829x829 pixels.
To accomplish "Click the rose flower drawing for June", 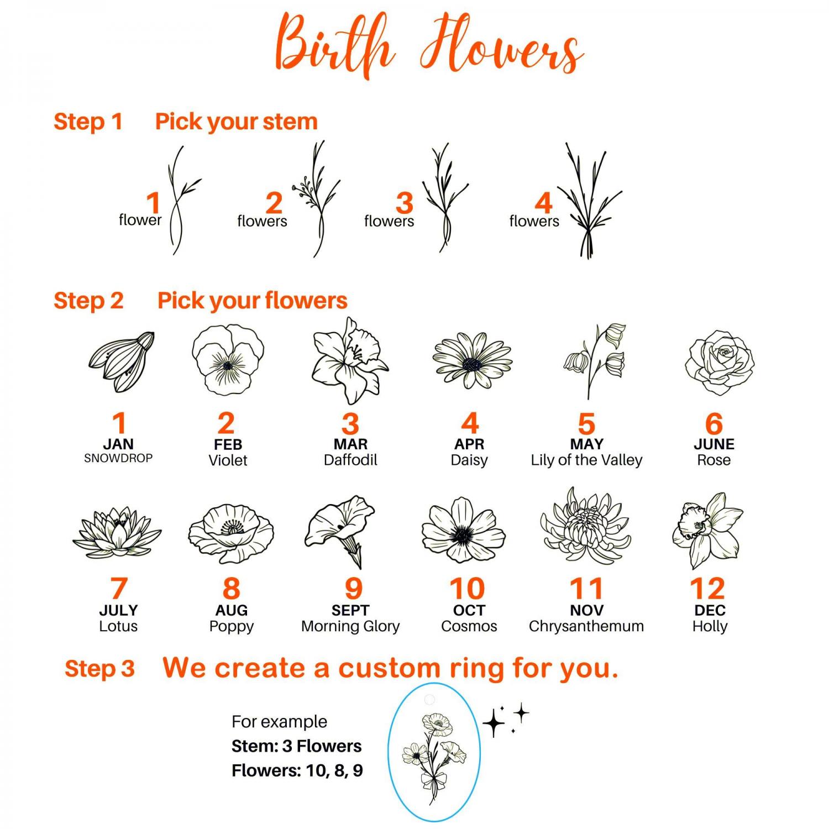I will click(x=720, y=362).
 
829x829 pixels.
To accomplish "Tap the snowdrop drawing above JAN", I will click(x=122, y=362).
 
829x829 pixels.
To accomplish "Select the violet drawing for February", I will click(x=228, y=359).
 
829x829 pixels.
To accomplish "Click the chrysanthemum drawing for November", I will click(x=585, y=527).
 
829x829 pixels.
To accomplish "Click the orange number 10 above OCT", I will click(x=468, y=589).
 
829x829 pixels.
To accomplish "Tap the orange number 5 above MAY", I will click(x=586, y=424).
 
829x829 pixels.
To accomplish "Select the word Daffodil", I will click(x=350, y=460).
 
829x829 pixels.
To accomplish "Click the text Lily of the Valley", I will click(x=586, y=460).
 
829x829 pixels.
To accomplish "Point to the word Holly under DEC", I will click(x=710, y=626).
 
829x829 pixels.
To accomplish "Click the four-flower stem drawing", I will click(x=589, y=202).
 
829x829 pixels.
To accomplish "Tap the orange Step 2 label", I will click(x=88, y=301).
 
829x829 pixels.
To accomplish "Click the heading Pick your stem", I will click(x=237, y=122).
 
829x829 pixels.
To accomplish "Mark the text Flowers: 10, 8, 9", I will click(x=297, y=770).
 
